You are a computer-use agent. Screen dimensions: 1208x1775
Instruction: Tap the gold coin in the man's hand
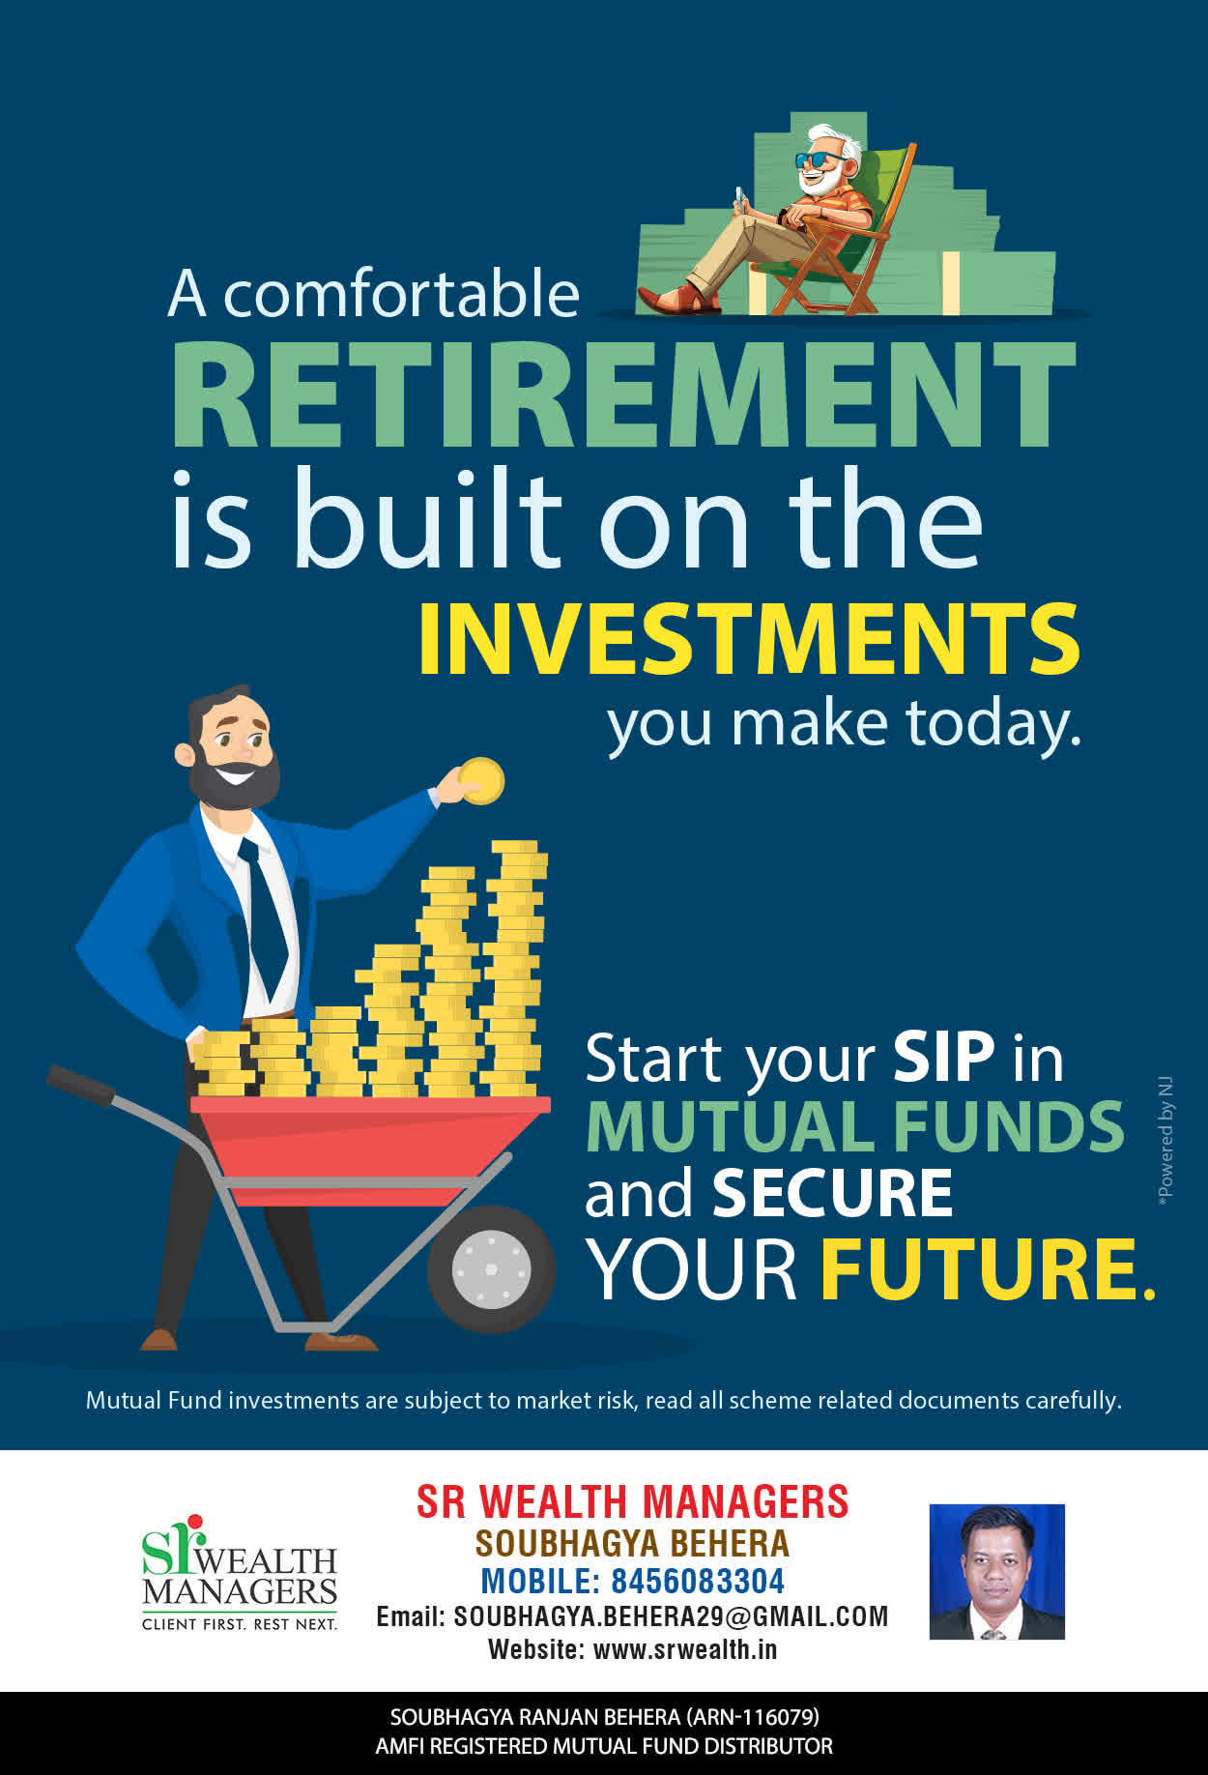tap(481, 781)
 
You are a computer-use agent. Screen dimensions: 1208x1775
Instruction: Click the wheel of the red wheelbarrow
tap(491, 1268)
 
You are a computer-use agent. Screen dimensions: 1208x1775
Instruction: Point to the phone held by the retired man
tap(741, 197)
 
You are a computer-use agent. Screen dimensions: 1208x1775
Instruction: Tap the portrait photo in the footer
tap(996, 1571)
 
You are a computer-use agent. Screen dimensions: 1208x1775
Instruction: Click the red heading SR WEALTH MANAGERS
tap(632, 1502)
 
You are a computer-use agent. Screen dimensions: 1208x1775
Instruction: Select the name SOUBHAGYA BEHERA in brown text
tap(632, 1543)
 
